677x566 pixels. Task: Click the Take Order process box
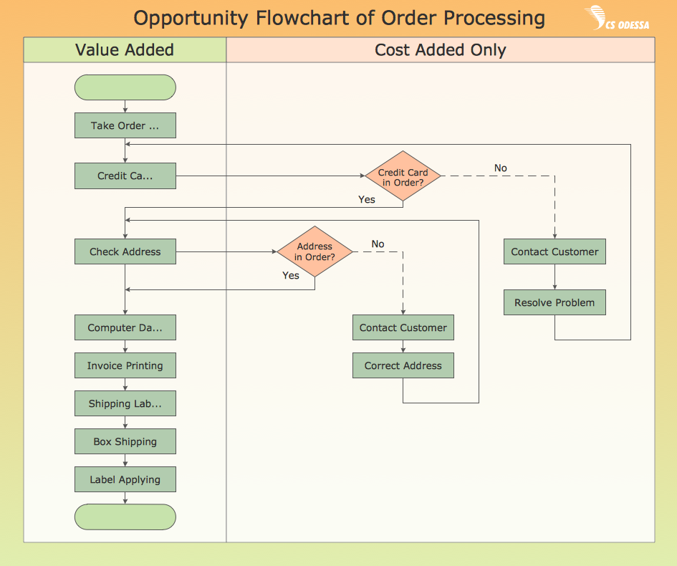[x=125, y=126]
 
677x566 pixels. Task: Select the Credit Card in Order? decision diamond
[x=403, y=177]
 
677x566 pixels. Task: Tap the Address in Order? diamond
[x=315, y=251]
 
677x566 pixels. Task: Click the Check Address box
[x=125, y=252]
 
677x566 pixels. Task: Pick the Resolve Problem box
[x=554, y=302]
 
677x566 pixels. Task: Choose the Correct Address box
[x=403, y=365]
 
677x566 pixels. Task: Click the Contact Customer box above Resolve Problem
[x=554, y=252]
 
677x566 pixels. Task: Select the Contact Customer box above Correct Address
[x=403, y=327]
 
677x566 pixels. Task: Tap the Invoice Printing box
[x=125, y=365]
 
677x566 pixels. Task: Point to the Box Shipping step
[x=125, y=441]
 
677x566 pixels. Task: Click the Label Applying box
[x=125, y=479]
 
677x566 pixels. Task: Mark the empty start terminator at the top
[x=125, y=87]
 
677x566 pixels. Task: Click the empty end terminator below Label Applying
[x=125, y=517]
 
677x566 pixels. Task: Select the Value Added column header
[x=125, y=50]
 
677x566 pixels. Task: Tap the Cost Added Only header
[x=440, y=50]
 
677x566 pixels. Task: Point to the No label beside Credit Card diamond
[x=500, y=168]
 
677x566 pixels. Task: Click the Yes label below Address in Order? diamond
[x=291, y=275]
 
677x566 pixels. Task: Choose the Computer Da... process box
[x=125, y=327]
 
